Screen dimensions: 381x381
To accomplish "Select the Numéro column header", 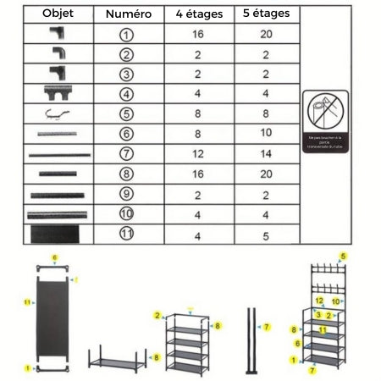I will point(128,14).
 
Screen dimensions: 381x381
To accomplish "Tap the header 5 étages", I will point(265,14).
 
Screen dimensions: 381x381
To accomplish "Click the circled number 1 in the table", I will point(128,35).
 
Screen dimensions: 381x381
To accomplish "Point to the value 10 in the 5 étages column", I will point(265,133).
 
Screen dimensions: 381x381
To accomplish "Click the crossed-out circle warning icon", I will point(326,113).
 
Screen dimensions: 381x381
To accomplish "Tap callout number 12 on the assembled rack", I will point(319,301).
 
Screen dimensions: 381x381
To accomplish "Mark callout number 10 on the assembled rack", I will point(336,301).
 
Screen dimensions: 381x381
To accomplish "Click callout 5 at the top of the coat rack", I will point(343,255).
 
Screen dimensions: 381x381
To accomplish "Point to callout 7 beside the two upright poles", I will point(266,327).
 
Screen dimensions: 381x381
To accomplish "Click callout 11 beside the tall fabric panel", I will point(27,301).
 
